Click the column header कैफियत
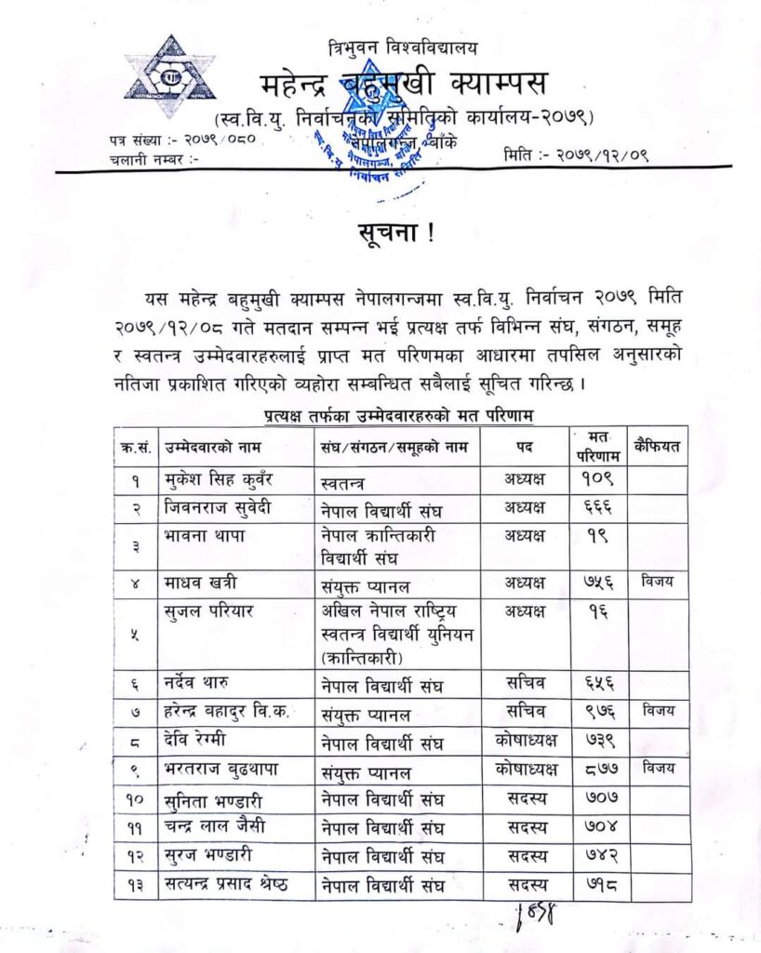(x=658, y=447)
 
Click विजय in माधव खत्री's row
(x=658, y=582)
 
